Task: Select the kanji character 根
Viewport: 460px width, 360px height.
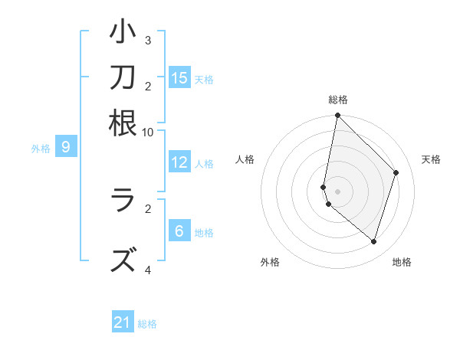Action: click(x=123, y=123)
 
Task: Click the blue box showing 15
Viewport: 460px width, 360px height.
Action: click(x=179, y=78)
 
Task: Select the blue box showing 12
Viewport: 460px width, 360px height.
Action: click(x=179, y=162)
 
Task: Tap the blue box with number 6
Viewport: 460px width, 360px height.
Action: click(x=179, y=231)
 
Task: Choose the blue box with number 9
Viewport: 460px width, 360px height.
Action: click(x=66, y=147)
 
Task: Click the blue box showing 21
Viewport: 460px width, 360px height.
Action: click(x=123, y=322)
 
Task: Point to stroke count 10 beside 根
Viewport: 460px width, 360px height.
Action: click(x=148, y=132)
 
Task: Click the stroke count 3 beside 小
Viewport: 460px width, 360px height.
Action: click(x=148, y=40)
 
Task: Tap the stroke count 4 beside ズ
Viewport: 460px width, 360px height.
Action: click(x=148, y=270)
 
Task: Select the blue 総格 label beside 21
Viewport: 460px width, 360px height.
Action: click(x=147, y=324)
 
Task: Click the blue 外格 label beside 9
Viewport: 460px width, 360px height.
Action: click(x=41, y=149)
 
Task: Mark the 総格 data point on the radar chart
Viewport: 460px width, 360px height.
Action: click(x=337, y=116)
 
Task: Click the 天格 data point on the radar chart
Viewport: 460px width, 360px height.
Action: click(x=396, y=172)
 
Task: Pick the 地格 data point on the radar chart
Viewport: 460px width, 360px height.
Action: click(x=373, y=241)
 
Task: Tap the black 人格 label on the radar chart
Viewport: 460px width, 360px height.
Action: click(x=245, y=159)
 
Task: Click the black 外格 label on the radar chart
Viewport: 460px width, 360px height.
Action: click(x=270, y=263)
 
